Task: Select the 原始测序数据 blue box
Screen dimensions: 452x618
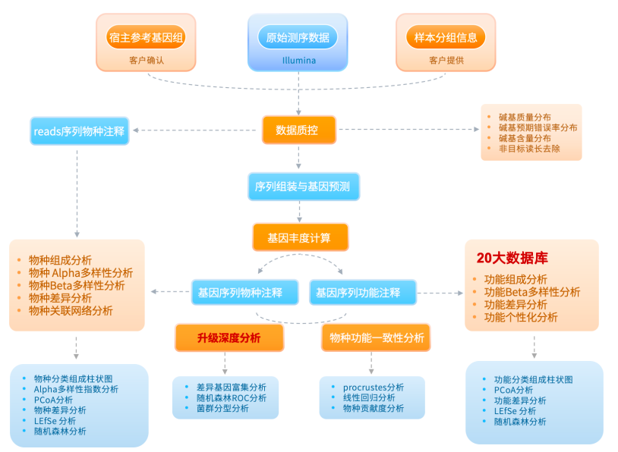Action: click(x=298, y=36)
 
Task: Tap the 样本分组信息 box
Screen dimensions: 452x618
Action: click(x=446, y=36)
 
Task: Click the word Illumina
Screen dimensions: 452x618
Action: click(x=298, y=60)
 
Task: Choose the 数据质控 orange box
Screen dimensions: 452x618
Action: click(x=298, y=130)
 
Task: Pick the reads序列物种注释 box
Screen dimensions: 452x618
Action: click(x=79, y=130)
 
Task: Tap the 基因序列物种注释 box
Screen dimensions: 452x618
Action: click(x=240, y=293)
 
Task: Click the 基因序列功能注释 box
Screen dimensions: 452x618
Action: click(x=362, y=293)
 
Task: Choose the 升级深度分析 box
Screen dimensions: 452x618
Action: click(x=229, y=338)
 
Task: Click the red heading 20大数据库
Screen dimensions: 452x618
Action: click(x=512, y=257)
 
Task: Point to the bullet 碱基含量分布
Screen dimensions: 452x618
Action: click(x=525, y=138)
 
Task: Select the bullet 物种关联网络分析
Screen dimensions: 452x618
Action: click(x=71, y=310)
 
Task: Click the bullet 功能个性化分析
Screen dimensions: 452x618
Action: click(x=521, y=317)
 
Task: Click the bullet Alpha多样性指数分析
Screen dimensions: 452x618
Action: click(x=76, y=389)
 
